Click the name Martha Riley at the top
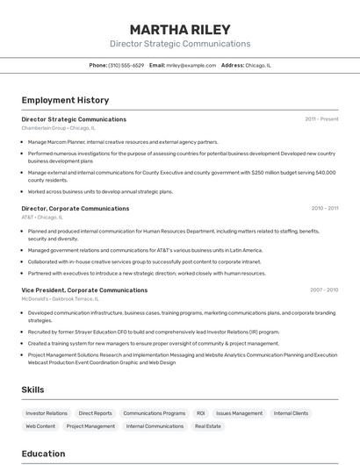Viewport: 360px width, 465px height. [179, 29]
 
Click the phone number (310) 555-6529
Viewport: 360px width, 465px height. [126, 65]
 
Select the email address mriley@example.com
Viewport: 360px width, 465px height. [191, 65]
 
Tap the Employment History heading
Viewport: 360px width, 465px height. [65, 100]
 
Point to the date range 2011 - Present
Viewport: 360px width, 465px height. [321, 119]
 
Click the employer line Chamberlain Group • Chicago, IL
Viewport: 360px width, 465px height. [58, 128]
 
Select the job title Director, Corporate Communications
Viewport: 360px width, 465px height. [76, 209]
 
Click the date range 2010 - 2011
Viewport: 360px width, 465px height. [324, 209]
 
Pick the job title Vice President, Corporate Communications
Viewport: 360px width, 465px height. [84, 290]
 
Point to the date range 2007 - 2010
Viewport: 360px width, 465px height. [324, 290]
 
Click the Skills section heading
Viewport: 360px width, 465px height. [33, 390]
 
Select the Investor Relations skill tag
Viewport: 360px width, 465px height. [47, 413]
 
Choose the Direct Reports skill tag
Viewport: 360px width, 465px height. [95, 413]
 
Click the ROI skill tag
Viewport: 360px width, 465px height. [200, 413]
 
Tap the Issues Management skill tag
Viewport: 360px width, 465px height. [239, 413]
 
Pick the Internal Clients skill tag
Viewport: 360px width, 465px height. [291, 413]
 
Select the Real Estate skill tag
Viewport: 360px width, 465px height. [208, 426]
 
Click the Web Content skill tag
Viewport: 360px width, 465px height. [40, 426]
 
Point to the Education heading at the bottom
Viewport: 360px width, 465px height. [43, 454]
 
